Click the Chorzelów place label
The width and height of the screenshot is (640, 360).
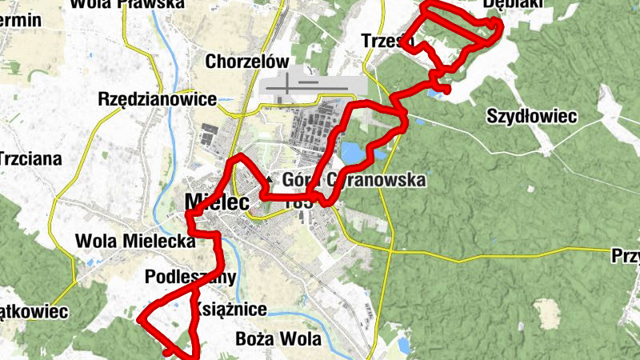tap(246, 61)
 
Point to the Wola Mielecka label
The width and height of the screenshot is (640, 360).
tap(135, 240)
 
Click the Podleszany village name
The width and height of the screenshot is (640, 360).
tap(192, 278)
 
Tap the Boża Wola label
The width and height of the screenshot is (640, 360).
tap(278, 338)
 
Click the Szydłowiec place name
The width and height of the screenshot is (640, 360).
tap(532, 117)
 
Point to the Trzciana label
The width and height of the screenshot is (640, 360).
tap(30, 158)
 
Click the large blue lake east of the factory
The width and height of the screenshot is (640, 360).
tap(353, 152)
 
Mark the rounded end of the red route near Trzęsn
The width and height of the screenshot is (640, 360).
tap(447, 90)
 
